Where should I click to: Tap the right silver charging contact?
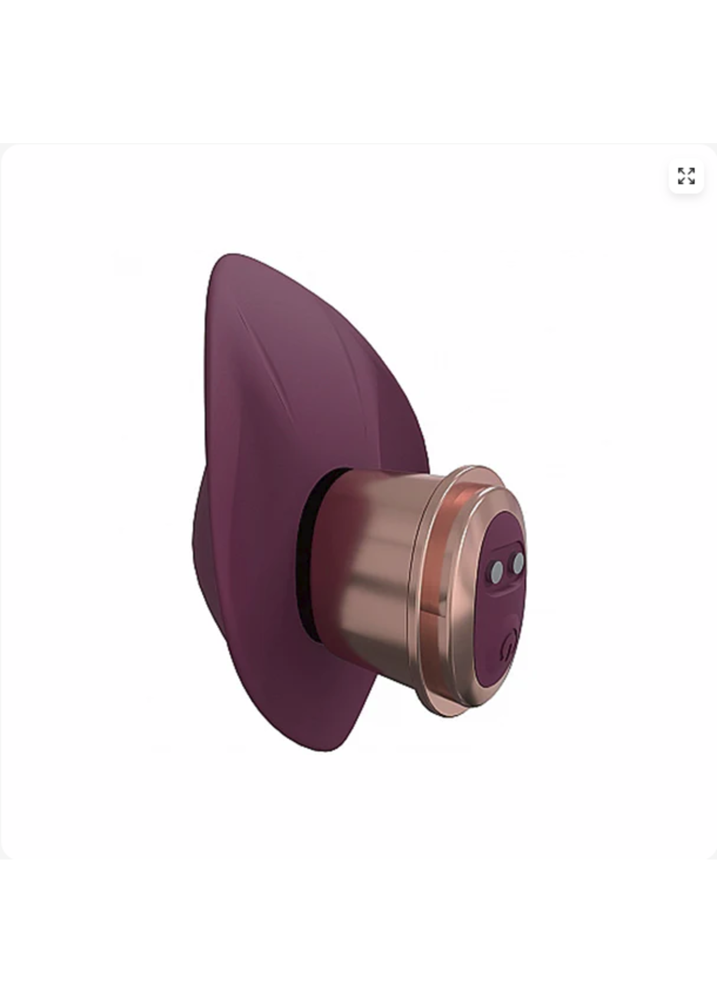pyautogui.click(x=518, y=560)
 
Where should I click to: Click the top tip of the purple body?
pyautogui.click(x=232, y=256)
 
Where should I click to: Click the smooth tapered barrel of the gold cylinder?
pyautogui.click(x=375, y=565)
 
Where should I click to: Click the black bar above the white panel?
pyautogui.click(x=358, y=71)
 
